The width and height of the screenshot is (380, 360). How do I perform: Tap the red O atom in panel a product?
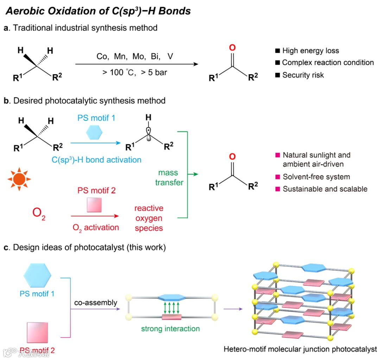231,48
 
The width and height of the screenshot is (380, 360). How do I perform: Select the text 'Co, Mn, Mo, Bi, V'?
135,56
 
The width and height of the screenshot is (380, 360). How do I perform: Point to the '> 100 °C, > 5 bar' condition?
134,73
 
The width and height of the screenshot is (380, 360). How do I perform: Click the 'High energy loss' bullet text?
310,51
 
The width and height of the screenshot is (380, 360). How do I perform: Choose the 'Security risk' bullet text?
303,75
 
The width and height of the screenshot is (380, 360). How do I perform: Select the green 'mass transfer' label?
168,178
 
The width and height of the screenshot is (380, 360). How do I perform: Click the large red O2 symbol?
39,214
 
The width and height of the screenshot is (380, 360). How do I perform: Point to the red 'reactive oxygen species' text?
149,218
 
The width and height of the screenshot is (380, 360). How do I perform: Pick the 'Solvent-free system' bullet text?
316,177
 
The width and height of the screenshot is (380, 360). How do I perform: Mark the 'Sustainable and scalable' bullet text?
325,189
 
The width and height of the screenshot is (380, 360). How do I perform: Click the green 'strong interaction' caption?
170,329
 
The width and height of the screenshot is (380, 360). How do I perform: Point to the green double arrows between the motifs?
172,307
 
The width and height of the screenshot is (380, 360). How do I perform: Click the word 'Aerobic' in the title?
24,11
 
